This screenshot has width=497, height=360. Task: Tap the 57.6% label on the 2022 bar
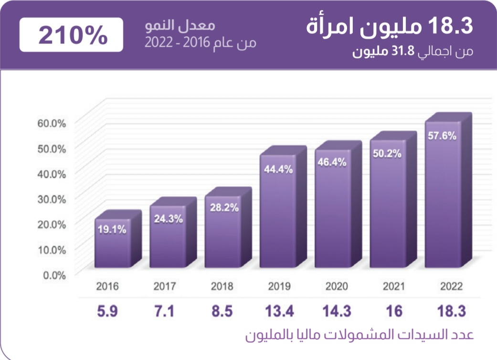pos(442,136)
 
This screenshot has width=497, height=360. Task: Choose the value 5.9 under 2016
pos(107,312)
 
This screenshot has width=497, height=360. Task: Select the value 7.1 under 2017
pos(164,312)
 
